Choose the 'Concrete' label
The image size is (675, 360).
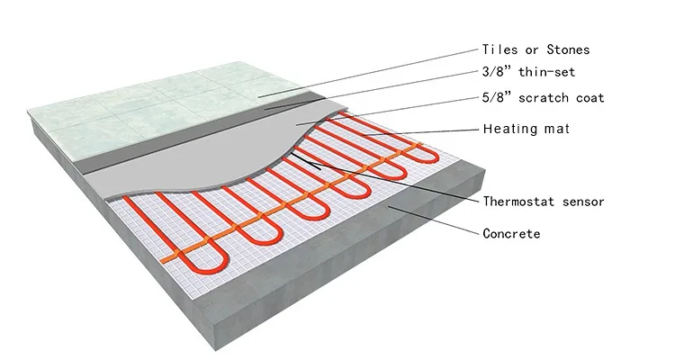coord(511,234)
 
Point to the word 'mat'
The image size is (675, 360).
coord(557,129)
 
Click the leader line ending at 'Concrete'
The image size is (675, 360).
coord(432,220)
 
